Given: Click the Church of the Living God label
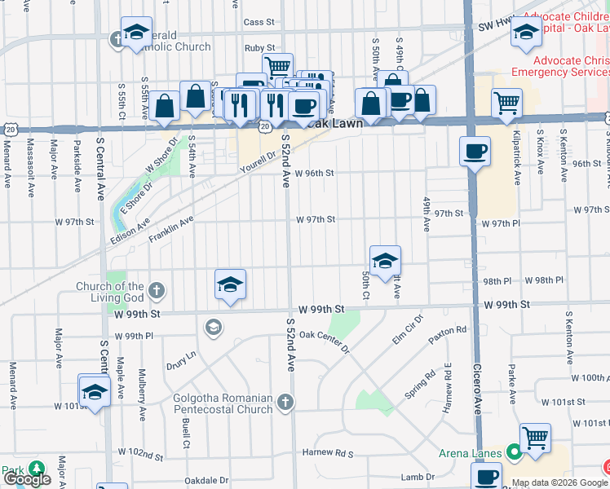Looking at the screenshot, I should click(110, 291).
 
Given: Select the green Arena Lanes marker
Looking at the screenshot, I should click(514, 451).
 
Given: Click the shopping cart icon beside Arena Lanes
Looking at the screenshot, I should click(535, 438).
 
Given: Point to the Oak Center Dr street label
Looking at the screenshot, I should click(324, 341).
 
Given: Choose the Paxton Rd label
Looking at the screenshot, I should click(450, 331).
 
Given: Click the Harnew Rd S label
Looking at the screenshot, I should click(327, 452).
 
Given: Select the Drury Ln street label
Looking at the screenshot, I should click(181, 357).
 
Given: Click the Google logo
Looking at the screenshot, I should click(27, 479).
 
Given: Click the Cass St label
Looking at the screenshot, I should click(259, 22).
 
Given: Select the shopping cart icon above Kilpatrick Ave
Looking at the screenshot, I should click(506, 102).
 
